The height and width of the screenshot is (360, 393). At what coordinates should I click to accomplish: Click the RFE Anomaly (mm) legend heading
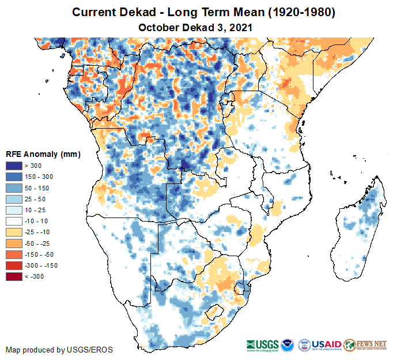coord(43,155)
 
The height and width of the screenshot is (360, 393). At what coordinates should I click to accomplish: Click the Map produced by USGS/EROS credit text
coord(59,350)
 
